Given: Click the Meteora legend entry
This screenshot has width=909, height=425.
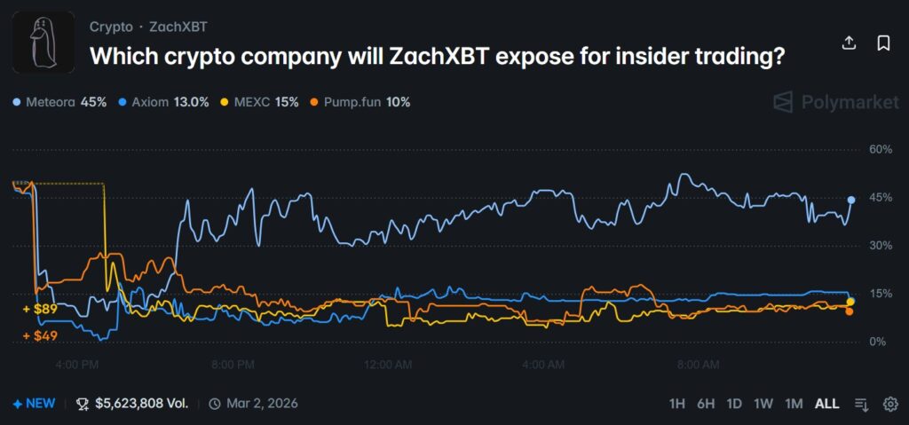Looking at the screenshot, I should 60,102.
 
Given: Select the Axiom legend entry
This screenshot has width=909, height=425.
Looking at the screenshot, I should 163,102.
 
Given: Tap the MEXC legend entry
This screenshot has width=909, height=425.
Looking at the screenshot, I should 261,102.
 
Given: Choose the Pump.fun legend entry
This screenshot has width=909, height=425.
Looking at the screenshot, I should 359,102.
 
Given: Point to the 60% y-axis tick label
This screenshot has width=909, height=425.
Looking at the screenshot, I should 879,149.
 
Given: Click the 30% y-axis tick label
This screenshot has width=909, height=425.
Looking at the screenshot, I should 879,246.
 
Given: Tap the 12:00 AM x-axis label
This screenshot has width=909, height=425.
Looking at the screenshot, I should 388,364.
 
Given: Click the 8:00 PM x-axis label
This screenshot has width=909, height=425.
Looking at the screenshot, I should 233,364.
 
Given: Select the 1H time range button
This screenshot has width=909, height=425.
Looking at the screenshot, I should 676,404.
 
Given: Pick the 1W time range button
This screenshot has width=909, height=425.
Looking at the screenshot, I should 763,404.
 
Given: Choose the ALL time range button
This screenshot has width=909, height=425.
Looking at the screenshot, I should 826,404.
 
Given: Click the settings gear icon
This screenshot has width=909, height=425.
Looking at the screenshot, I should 889,404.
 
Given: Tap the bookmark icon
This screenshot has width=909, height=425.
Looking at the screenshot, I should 883,43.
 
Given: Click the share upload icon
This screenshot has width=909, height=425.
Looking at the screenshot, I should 849,43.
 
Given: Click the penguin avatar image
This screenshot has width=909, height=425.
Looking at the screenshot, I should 43,43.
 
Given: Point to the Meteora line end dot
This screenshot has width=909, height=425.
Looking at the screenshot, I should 851,200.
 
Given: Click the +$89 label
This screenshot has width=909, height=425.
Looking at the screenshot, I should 40,309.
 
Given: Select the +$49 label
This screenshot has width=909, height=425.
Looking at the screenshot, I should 40,335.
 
